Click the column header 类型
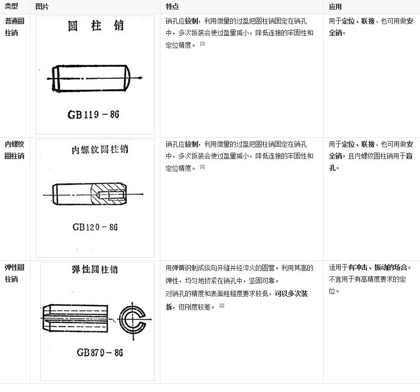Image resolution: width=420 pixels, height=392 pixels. point(11,6)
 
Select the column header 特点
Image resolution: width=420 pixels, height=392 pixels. point(172,6)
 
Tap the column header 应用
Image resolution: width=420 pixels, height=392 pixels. point(335,6)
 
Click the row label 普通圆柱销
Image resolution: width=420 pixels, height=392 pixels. point(14,27)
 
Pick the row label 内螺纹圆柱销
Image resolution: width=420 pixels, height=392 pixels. point(14,150)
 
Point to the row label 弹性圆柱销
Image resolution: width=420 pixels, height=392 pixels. point(14,273)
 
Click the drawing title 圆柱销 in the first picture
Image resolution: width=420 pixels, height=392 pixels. point(96,26)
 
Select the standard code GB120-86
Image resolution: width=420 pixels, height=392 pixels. point(95,227)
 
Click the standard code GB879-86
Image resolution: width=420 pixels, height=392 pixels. point(100,353)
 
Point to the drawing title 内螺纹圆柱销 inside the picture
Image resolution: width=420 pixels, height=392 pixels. point(100,150)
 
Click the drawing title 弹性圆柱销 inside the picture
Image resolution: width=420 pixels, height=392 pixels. point(94,269)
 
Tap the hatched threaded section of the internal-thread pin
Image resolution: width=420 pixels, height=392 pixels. point(109,190)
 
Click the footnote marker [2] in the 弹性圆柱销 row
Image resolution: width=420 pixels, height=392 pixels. point(222,306)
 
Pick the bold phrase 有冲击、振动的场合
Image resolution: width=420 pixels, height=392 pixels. point(377,267)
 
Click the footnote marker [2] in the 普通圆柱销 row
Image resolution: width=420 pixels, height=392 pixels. point(202,43)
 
